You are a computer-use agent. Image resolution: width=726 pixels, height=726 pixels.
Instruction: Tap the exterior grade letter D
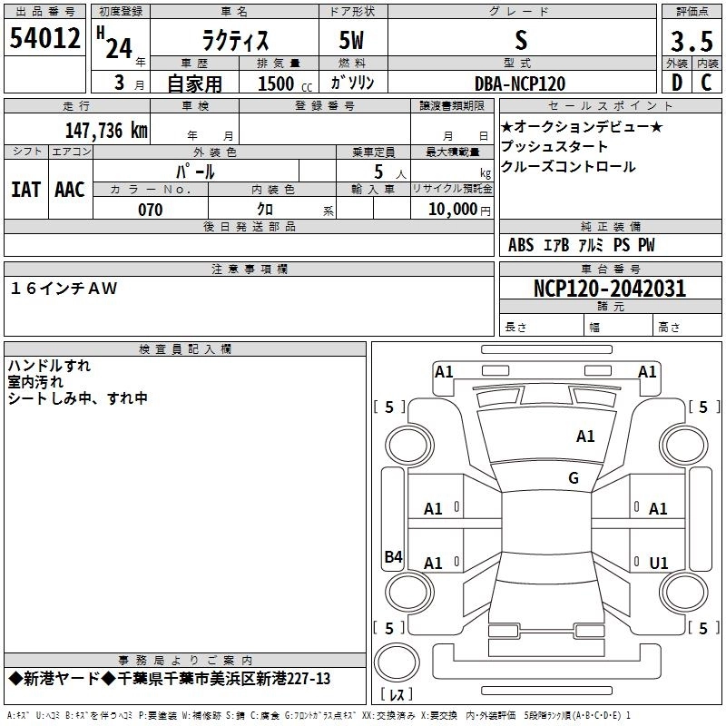(x=676, y=82)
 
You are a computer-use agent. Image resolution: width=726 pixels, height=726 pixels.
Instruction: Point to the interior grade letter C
(x=706, y=82)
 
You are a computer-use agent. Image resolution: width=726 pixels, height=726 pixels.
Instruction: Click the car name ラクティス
(x=233, y=42)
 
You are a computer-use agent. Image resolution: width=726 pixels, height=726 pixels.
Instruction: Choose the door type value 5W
(x=354, y=42)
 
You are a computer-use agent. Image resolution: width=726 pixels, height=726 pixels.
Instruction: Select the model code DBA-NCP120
(x=520, y=83)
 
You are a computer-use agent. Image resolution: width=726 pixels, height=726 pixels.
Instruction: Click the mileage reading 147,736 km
(x=106, y=130)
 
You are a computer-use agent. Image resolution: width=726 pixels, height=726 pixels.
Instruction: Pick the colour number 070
(x=150, y=210)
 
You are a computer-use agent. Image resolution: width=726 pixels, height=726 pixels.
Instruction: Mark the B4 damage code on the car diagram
(x=393, y=557)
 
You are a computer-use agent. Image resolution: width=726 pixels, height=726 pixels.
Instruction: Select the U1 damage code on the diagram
(x=659, y=564)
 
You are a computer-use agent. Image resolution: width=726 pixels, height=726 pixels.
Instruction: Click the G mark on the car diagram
(x=574, y=478)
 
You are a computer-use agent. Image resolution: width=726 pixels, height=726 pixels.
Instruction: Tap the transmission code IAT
(x=25, y=189)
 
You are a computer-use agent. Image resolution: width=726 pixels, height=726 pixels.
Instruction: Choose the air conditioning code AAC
(x=70, y=189)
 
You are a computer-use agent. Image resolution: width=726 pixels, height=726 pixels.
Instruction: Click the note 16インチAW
(x=64, y=288)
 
